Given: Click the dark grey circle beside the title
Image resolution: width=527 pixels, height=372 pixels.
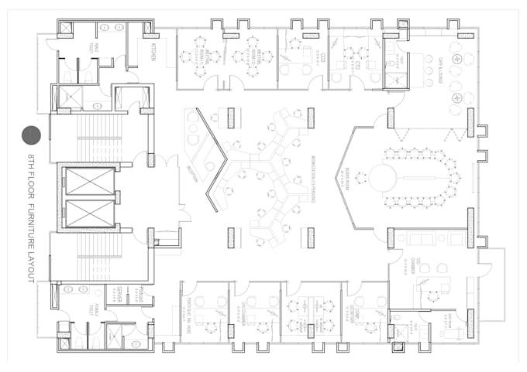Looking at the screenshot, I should [30, 135].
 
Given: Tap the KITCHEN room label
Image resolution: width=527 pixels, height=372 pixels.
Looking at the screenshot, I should [153, 54].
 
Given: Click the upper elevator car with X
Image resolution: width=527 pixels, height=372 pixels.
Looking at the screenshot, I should [88, 183].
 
